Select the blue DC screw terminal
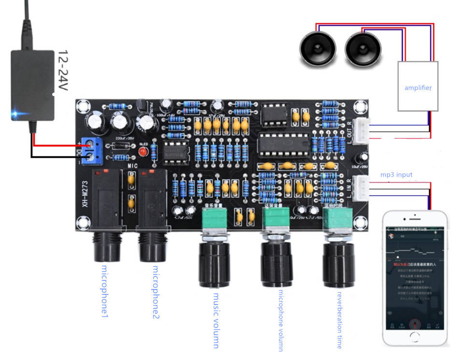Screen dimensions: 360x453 click(90, 149)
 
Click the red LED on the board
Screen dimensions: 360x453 click(142, 152)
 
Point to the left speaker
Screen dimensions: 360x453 click(317, 50)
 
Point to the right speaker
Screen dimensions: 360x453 click(363, 50)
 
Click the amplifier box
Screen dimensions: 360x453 click(417, 87)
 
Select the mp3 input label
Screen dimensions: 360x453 click(396, 174)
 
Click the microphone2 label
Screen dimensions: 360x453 click(156, 292)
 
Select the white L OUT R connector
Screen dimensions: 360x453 click(362, 131)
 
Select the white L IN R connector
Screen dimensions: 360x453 click(362, 188)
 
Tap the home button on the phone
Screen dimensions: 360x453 click(414, 335)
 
